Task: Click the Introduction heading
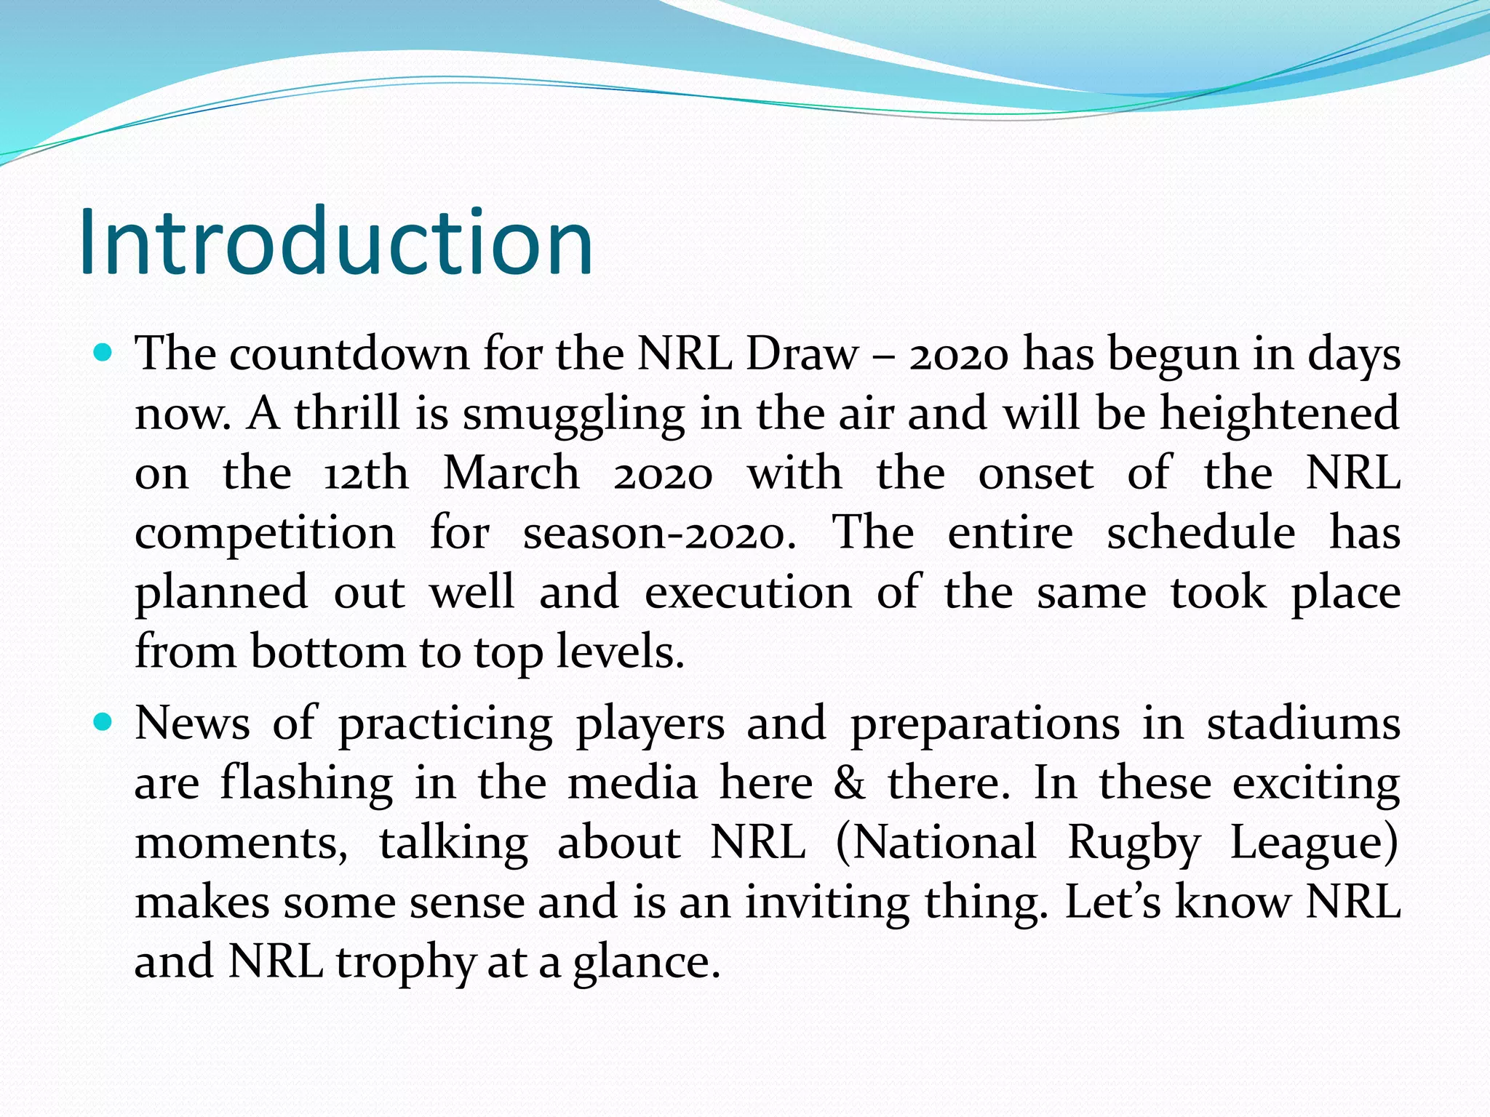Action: [336, 242]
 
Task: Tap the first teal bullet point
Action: [104, 354]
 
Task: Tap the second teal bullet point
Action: [104, 723]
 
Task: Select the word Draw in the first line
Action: [802, 354]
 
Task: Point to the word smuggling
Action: [573, 414]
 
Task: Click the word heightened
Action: [1279, 414]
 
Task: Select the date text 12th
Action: [366, 473]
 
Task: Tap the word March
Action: [511, 473]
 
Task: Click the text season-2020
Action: [659, 533]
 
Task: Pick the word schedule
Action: [1200, 533]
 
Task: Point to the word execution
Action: [748, 593]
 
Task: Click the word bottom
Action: [328, 652]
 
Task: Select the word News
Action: [193, 724]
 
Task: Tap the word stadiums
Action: [1303, 724]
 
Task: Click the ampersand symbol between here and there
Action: [850, 783]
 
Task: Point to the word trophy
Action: [405, 963]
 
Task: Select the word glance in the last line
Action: [641, 963]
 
